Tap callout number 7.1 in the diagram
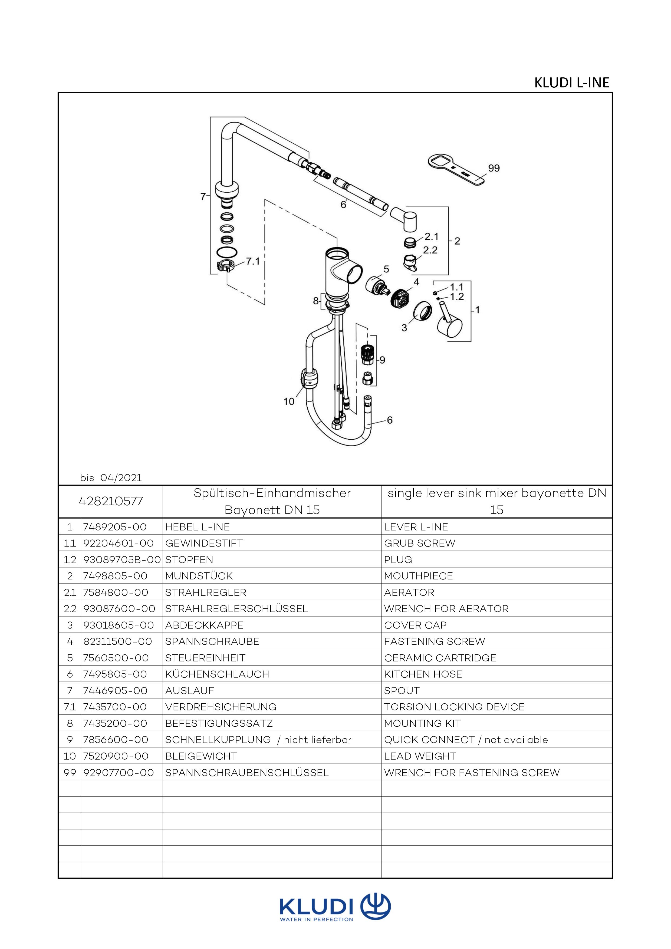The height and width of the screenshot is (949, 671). [x=253, y=261]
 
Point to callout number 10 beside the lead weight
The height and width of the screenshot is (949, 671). [x=289, y=401]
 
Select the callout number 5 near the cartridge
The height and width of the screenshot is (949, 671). [x=386, y=269]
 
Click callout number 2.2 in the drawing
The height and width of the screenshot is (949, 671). [x=430, y=250]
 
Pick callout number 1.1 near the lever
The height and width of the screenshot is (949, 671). [x=456, y=287]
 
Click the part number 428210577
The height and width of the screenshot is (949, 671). [x=111, y=501]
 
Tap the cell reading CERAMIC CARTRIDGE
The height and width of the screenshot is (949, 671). [x=440, y=658]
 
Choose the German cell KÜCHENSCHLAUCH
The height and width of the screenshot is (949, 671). [x=217, y=674]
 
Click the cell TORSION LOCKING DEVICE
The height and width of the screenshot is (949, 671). [x=454, y=707]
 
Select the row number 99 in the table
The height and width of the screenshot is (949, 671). [x=70, y=773]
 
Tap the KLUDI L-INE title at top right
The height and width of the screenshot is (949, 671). [x=571, y=83]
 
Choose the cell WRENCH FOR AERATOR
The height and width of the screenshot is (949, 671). [x=446, y=609]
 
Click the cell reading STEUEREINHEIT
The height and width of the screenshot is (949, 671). [x=205, y=658]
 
